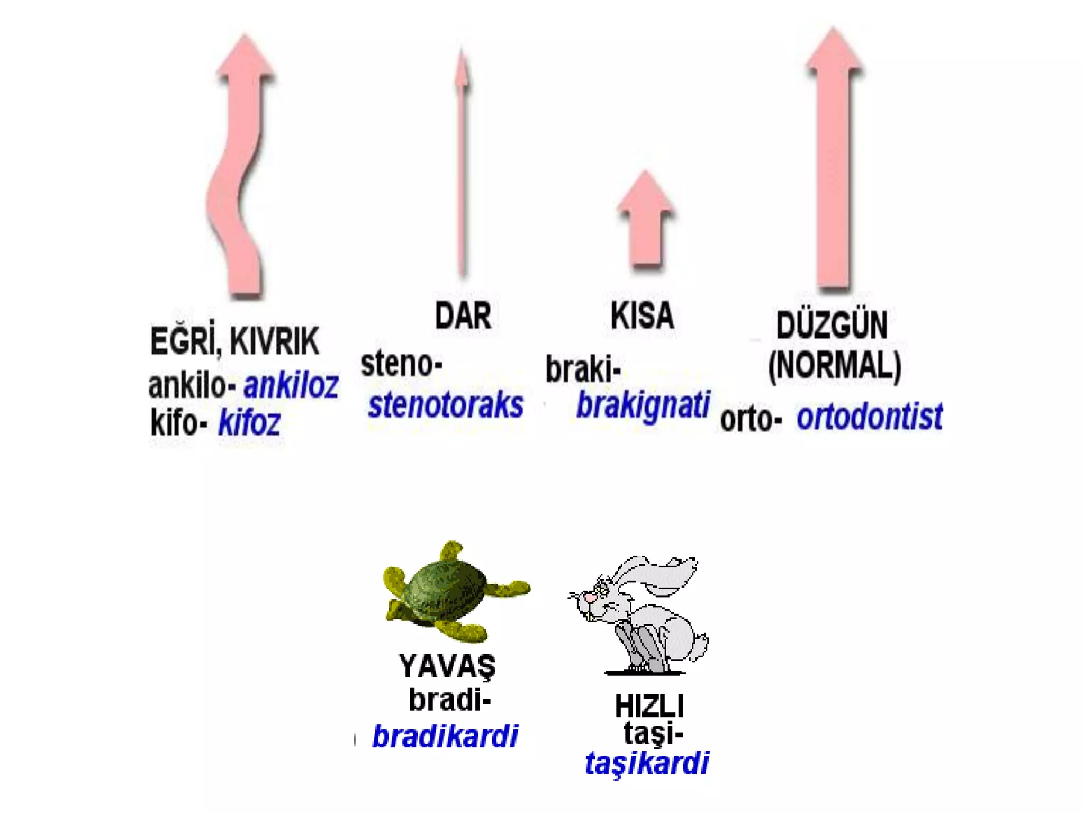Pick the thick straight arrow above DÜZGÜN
[834, 159]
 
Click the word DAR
[463, 316]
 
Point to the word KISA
[642, 316]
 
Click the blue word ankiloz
[291, 385]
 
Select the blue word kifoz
[249, 423]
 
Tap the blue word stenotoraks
[446, 405]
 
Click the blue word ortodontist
[869, 417]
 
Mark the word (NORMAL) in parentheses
[834, 366]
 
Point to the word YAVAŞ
[447, 666]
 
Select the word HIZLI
[649, 706]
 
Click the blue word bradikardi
[445, 736]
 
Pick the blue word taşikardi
[646, 763]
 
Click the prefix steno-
[401, 364]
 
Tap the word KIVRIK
[274, 341]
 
